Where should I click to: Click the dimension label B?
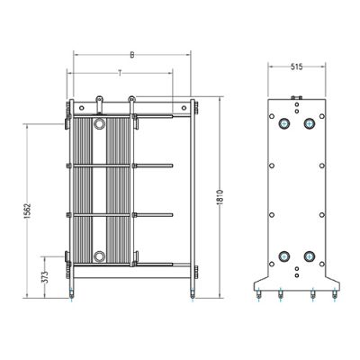[x=132, y=55]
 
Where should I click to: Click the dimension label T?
[x=120, y=73]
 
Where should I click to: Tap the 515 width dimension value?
[x=296, y=67]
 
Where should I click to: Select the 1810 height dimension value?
[x=220, y=197]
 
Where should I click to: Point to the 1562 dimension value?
[x=27, y=211]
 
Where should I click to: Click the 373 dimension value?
[x=45, y=277]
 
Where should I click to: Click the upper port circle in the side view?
[x=99, y=123]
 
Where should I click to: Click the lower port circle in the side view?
[x=99, y=256]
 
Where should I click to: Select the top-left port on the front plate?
[x=283, y=123]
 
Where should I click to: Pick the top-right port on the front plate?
[x=309, y=123]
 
